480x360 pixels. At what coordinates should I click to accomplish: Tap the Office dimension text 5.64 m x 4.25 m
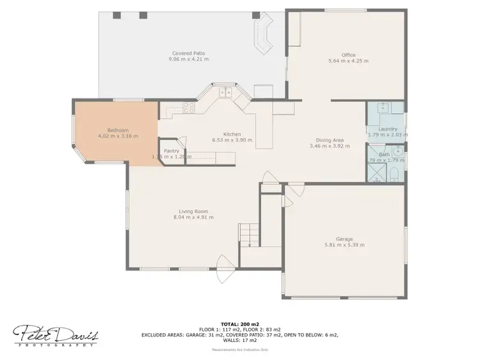(x=348, y=61)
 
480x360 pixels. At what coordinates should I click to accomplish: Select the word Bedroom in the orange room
(x=118, y=130)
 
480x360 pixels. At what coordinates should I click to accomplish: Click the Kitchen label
(x=231, y=134)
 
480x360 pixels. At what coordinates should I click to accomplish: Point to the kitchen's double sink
(x=225, y=93)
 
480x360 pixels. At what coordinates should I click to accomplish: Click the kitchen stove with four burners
(x=188, y=108)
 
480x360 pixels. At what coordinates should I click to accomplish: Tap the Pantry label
(x=172, y=151)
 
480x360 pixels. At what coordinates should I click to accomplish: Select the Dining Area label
(x=330, y=140)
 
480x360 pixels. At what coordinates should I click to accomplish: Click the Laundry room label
(x=387, y=129)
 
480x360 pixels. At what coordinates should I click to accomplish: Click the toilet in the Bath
(x=395, y=175)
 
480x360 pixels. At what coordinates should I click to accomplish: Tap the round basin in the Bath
(x=397, y=152)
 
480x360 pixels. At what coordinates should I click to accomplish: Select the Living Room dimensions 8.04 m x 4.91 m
(x=193, y=217)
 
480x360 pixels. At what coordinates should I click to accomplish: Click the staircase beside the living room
(x=249, y=235)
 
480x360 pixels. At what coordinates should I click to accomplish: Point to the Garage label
(x=344, y=239)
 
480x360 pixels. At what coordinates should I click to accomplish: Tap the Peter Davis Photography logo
(x=56, y=334)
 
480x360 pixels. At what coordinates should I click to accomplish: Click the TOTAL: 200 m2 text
(x=239, y=324)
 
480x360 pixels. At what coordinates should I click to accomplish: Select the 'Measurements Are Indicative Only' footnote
(x=240, y=350)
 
